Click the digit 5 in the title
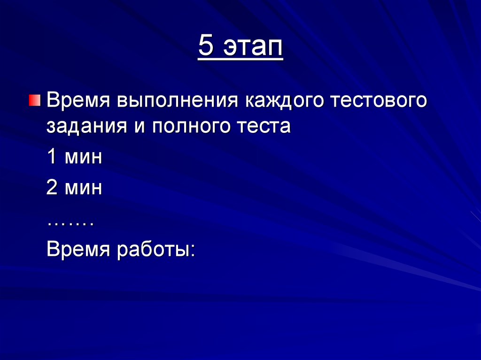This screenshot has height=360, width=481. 205,46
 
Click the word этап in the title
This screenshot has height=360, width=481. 253,47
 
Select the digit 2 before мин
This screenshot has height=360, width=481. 52,188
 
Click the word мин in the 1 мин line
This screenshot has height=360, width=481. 83,157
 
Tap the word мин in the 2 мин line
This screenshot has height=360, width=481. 83,188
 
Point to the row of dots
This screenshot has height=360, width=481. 70,223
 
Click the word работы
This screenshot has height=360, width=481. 152,249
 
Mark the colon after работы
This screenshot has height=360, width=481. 191,251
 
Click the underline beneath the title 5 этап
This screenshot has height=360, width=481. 240,59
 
